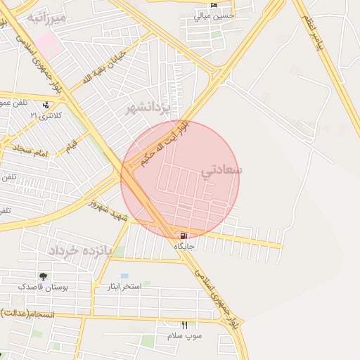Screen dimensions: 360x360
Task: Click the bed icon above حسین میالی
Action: pyautogui.click(x=214, y=5)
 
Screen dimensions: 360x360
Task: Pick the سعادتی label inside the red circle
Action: pyautogui.click(x=221, y=170)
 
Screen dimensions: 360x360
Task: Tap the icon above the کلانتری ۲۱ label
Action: pyautogui.click(x=46, y=104)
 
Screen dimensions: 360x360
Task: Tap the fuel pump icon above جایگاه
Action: pyautogui.click(x=184, y=236)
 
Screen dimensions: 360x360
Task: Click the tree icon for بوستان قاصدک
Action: pyautogui.click(x=44, y=276)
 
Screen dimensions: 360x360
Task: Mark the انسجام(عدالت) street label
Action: pyautogui.click(x=28, y=312)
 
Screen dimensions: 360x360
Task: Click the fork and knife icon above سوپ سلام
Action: pyautogui.click(x=184, y=325)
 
